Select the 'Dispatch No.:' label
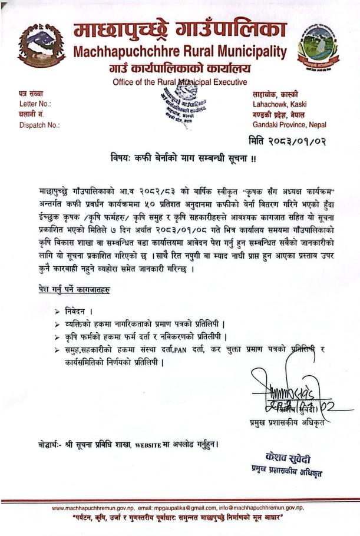(39, 125)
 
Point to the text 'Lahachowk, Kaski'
(275, 104)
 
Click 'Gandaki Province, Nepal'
(289, 125)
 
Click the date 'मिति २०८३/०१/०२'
(287, 141)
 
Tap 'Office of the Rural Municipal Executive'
(180, 82)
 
